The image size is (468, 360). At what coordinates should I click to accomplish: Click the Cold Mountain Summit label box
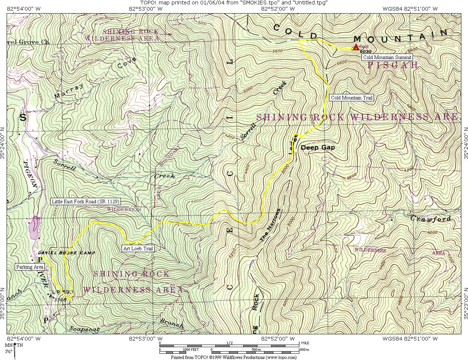(x=387, y=57)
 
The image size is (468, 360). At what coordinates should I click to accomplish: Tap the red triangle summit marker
(x=356, y=47)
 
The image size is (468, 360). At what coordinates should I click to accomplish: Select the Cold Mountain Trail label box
(x=352, y=98)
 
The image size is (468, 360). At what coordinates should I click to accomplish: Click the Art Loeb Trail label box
(x=138, y=248)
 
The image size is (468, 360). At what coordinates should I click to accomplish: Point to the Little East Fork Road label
(x=86, y=201)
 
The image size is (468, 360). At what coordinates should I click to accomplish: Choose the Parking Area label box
(x=29, y=267)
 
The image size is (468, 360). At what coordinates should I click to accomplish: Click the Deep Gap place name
(x=318, y=148)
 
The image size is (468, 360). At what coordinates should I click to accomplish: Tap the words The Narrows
(x=270, y=225)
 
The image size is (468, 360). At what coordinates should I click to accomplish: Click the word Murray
(x=69, y=91)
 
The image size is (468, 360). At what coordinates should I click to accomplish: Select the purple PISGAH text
(x=393, y=65)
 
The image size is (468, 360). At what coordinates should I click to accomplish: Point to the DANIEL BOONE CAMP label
(x=66, y=253)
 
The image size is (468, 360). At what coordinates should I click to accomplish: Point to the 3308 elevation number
(x=60, y=299)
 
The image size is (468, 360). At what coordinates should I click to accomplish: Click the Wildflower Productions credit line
(x=233, y=357)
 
